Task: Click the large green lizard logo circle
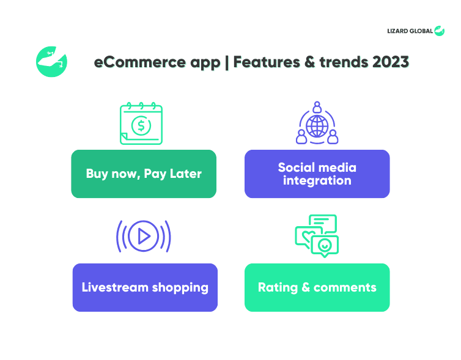51,62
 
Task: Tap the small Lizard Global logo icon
439,31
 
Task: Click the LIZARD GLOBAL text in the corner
410,31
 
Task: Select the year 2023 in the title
391,62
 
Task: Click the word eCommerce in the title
140,62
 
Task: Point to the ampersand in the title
309,62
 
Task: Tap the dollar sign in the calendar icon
141,125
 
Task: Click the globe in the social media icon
317,126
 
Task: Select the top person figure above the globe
317,107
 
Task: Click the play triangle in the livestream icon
144,237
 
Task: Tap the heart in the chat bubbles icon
308,236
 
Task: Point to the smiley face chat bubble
325,246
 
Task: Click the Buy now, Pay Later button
144,174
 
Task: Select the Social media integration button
317,174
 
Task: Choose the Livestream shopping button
145,287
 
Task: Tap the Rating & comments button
317,287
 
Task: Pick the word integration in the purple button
317,180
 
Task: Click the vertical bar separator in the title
227,62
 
